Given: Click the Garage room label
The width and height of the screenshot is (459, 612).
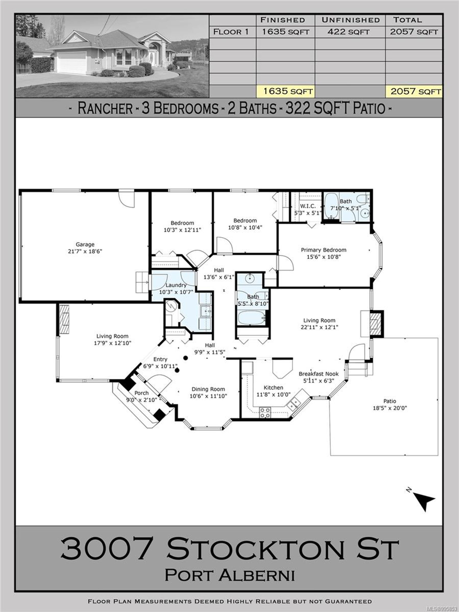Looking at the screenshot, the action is [x=85, y=244].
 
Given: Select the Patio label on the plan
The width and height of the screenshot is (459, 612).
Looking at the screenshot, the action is [x=390, y=401].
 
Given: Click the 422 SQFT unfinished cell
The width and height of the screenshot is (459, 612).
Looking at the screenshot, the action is [x=348, y=32].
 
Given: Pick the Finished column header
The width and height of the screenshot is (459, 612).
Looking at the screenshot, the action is [x=283, y=20].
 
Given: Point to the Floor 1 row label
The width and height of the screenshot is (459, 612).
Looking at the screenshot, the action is [x=231, y=32].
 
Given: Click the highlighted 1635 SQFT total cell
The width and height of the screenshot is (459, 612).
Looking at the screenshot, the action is [x=288, y=91].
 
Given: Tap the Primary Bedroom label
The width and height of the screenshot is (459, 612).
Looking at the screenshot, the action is [x=323, y=250].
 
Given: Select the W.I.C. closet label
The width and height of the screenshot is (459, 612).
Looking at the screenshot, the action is [x=307, y=206].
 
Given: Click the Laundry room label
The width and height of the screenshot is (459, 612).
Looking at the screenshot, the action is [x=176, y=285].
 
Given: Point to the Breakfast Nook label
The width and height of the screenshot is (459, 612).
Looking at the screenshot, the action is [x=318, y=374].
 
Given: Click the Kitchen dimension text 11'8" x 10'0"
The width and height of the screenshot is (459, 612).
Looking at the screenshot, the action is [x=273, y=394].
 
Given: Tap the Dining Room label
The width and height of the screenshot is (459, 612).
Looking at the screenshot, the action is [x=208, y=389].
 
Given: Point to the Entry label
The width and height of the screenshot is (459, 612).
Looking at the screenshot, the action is [x=160, y=359].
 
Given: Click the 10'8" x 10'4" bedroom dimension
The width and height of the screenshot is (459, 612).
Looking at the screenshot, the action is [x=245, y=227].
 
